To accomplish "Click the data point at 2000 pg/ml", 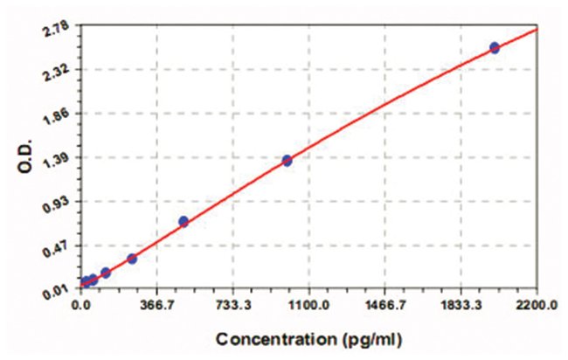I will tap(495, 47).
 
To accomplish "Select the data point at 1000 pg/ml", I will tap(287, 160).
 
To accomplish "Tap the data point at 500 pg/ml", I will tap(184, 221).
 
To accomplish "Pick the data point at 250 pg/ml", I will tap(132, 259).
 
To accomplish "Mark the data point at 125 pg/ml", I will tap(106, 273).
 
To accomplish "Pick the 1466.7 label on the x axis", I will tap(384, 306).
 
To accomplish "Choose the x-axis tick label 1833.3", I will tap(461, 306).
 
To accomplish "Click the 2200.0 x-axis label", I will tap(535, 306).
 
